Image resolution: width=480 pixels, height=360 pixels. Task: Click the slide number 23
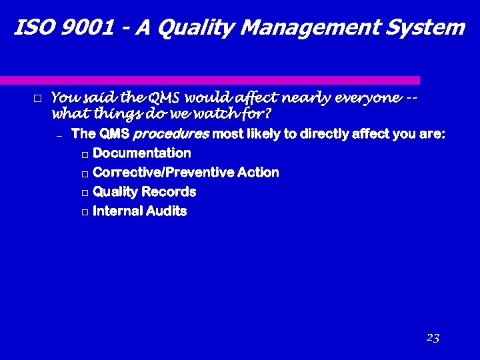[x=433, y=338]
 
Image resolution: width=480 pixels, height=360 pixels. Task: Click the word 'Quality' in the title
[x=190, y=28]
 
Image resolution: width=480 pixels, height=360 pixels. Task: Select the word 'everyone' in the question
[x=369, y=99]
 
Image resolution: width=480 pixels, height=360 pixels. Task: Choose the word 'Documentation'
[x=142, y=153]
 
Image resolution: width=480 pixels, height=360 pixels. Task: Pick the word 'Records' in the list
[x=172, y=192]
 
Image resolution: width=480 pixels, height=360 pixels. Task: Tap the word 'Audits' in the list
[x=169, y=211]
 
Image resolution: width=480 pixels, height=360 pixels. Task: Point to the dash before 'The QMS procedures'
[x=59, y=135]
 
